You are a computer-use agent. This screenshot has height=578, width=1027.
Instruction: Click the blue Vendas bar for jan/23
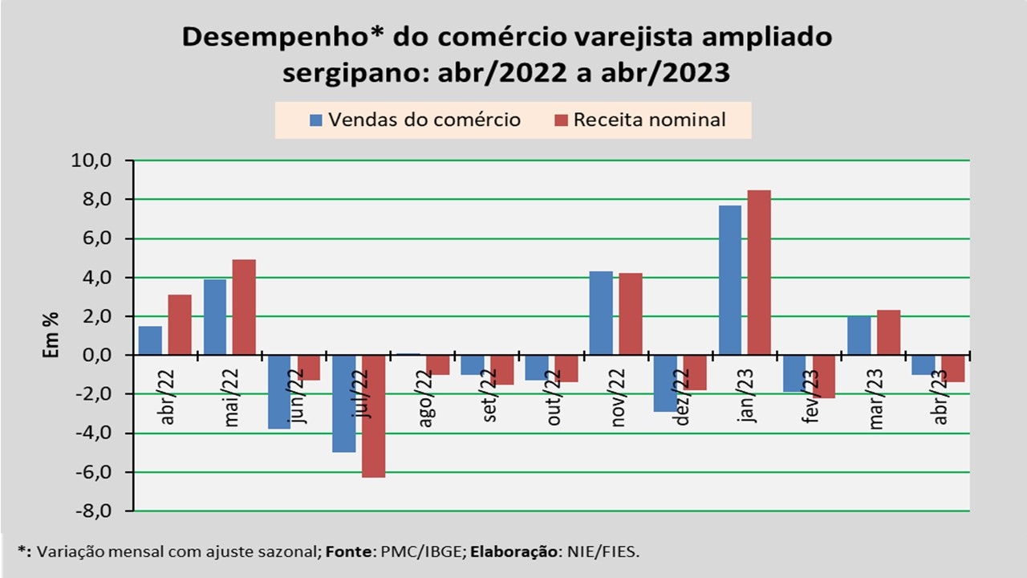[x=730, y=279]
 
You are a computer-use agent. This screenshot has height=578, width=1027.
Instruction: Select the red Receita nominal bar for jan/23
[x=759, y=272]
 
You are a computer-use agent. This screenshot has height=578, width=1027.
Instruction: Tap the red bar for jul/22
[x=373, y=416]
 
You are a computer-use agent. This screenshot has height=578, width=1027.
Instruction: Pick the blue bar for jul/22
[x=344, y=403]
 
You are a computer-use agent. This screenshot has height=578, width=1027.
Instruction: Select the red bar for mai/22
[x=244, y=307]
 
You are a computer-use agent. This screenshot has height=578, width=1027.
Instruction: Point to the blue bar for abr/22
[x=150, y=340]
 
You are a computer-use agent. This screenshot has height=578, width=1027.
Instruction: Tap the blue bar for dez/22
[x=665, y=383]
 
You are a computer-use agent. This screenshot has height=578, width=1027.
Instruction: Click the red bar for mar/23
[x=888, y=332]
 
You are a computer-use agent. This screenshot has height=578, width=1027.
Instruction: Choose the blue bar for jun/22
[x=279, y=392]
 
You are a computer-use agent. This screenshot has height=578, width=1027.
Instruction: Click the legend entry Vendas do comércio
[x=415, y=120]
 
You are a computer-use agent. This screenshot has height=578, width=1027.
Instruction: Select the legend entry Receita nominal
[x=639, y=120]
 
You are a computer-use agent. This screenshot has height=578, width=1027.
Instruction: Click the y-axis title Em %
[x=51, y=335]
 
